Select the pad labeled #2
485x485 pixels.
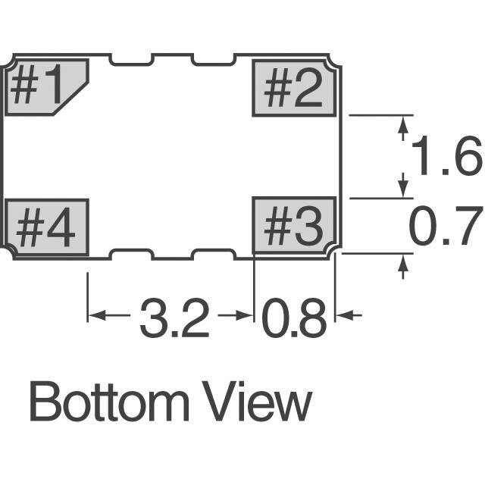(294, 88)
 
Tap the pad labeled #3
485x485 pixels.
(294, 226)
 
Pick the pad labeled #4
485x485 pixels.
(46, 227)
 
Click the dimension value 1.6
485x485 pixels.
(446, 155)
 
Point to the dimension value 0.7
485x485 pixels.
(446, 225)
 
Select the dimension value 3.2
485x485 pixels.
(175, 318)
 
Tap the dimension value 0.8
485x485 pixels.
(294, 318)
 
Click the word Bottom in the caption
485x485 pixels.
(109, 402)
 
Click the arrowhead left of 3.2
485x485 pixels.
(96, 315)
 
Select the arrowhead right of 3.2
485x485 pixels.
(244, 315)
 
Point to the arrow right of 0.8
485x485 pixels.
(349, 315)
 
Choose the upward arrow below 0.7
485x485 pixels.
(402, 267)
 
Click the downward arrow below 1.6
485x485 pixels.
(402, 185)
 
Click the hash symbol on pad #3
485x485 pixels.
(278, 226)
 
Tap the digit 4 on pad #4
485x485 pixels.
(61, 227)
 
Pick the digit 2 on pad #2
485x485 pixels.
(308, 88)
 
